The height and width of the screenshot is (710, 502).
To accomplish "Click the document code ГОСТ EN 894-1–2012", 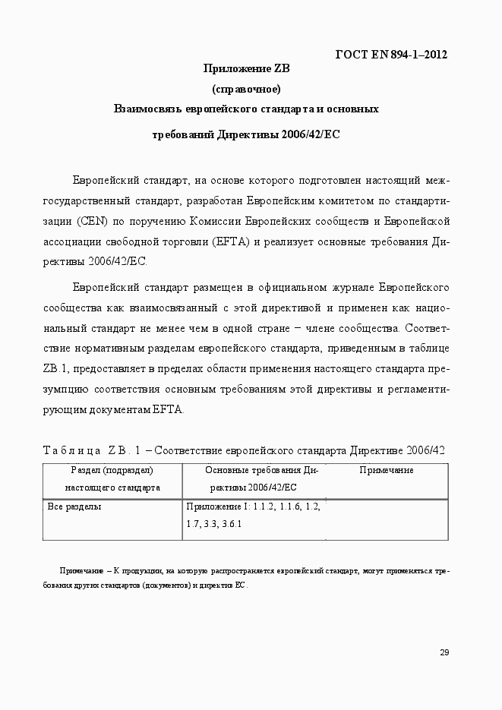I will point(390,54).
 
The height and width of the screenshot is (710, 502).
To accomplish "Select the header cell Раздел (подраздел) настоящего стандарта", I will point(112,478).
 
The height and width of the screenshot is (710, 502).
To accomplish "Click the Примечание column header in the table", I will point(387,471).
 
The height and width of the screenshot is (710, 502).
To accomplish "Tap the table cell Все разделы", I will point(74,506).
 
